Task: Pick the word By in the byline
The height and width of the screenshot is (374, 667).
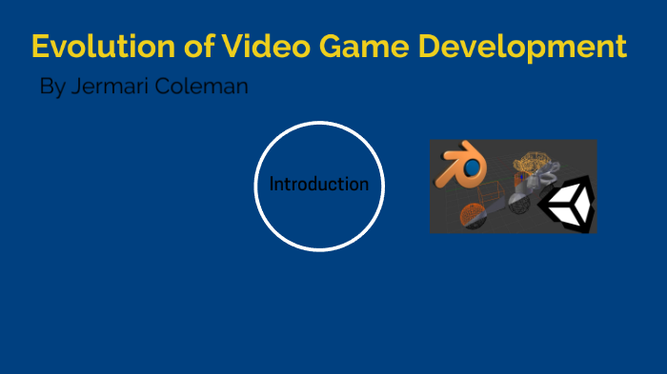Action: (x=52, y=88)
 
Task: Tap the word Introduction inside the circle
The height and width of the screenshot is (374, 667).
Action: (x=318, y=185)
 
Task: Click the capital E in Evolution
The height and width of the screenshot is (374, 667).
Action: (x=41, y=46)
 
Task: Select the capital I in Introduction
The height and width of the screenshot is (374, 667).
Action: (x=272, y=185)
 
